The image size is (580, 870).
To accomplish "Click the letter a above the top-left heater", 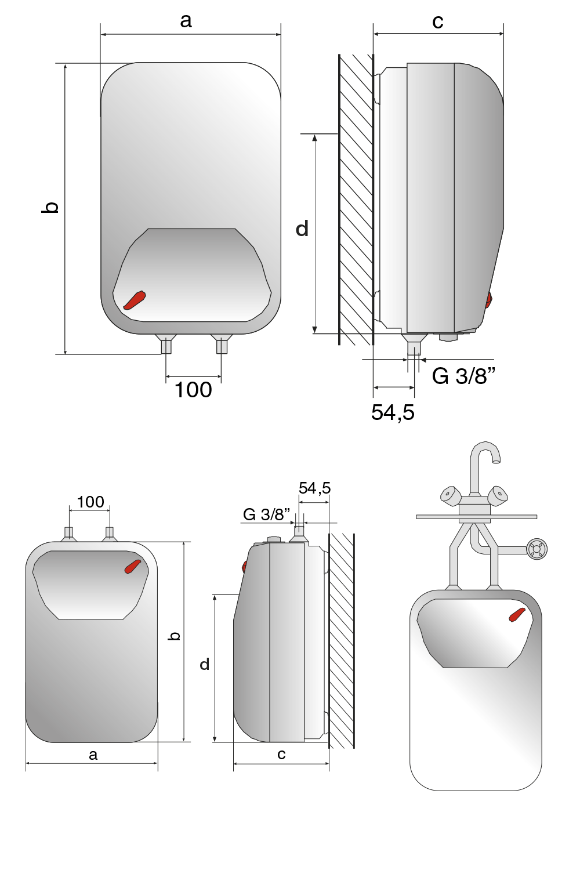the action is click(x=186, y=21).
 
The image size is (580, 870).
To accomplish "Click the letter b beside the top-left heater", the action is click(x=50, y=207).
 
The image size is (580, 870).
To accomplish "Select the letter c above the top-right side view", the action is click(x=437, y=22).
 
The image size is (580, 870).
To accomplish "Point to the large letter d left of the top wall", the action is click(x=302, y=228).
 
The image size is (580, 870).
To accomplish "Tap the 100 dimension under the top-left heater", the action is click(x=193, y=390).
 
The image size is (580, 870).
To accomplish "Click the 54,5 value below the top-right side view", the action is click(x=393, y=412).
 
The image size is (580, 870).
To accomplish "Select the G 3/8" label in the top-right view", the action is click(x=463, y=376).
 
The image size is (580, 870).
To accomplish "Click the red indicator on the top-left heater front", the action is click(x=135, y=300).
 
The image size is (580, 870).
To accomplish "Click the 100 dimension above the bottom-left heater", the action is click(x=90, y=502).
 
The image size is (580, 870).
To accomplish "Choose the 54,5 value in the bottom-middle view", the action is click(x=315, y=488).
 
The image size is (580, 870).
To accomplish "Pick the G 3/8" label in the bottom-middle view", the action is click(x=266, y=514).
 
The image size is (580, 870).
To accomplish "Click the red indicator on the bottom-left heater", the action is click(x=132, y=567).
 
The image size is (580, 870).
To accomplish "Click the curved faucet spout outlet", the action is click(x=496, y=461).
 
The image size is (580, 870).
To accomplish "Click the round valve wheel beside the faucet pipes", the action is click(x=536, y=549).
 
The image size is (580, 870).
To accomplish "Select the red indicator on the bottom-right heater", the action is click(x=517, y=615).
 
